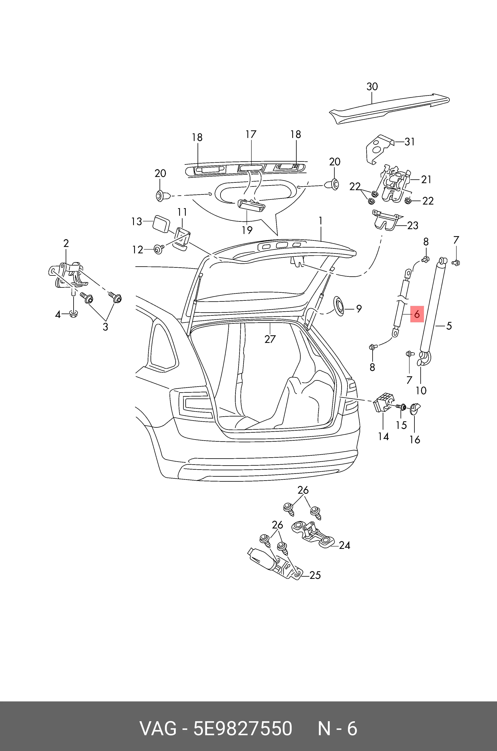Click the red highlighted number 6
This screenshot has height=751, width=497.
[417, 314]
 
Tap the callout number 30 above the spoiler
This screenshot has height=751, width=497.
[372, 86]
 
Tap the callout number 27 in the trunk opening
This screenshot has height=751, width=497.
[270, 339]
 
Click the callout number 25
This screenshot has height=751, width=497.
[315, 575]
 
